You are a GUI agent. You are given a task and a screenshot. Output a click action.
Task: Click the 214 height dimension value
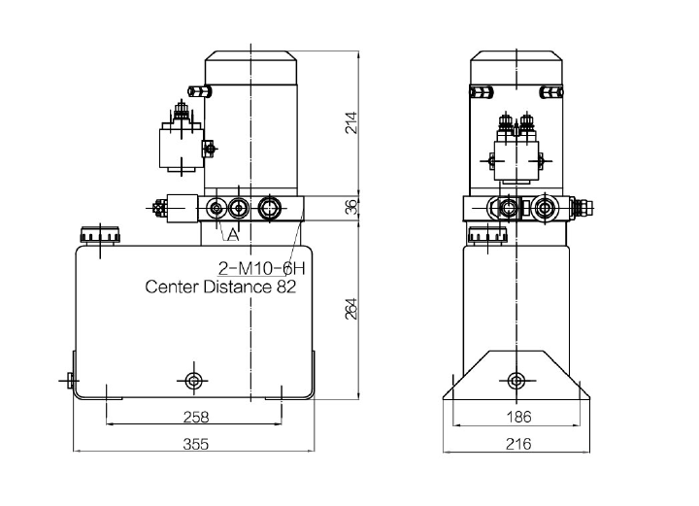coord(351,122)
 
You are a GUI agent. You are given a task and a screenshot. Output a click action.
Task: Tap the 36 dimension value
coord(351,207)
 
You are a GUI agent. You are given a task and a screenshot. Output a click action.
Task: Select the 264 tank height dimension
coord(351,309)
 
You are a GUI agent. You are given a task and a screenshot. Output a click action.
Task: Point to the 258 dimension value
coord(196,418)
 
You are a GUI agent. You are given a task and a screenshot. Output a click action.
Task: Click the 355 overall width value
coord(196,444)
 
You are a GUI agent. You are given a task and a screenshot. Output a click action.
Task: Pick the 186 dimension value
coord(518,418)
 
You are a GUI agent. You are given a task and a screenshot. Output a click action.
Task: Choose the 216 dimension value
coord(518,444)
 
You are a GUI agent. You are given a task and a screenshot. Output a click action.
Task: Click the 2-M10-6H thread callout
coord(262,268)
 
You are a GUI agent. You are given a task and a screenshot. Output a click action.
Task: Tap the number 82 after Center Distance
coord(286,287)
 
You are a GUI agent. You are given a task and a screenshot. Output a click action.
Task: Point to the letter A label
coord(233,234)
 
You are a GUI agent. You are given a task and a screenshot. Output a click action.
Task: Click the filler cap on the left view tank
coord(100,235)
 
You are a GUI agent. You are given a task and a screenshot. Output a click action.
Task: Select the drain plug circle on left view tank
coord(193,381)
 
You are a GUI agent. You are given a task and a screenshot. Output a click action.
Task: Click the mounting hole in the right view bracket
coord(516,381)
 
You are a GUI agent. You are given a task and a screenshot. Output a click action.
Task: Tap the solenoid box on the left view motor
coord(182,149)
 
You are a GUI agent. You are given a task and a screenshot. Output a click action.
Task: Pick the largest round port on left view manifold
coord(269,208)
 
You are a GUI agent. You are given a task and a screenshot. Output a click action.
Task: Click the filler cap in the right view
coord(487,235)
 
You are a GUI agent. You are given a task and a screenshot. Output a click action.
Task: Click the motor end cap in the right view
coord(516,68)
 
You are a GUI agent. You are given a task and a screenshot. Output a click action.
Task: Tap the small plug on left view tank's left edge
coord(70,381)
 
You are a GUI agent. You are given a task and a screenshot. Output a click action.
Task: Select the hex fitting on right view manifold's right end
coord(582,207)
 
